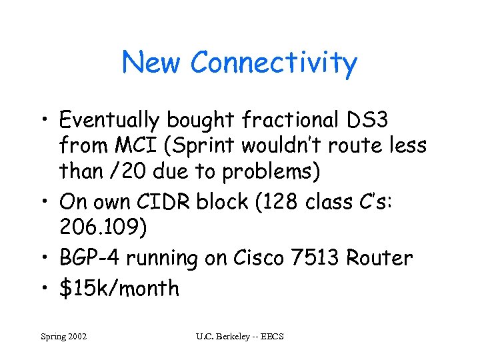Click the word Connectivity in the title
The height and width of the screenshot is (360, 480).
[x=273, y=63]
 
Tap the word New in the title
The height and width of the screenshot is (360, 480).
[x=152, y=63]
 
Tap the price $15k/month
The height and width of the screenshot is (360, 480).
[x=119, y=289]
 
